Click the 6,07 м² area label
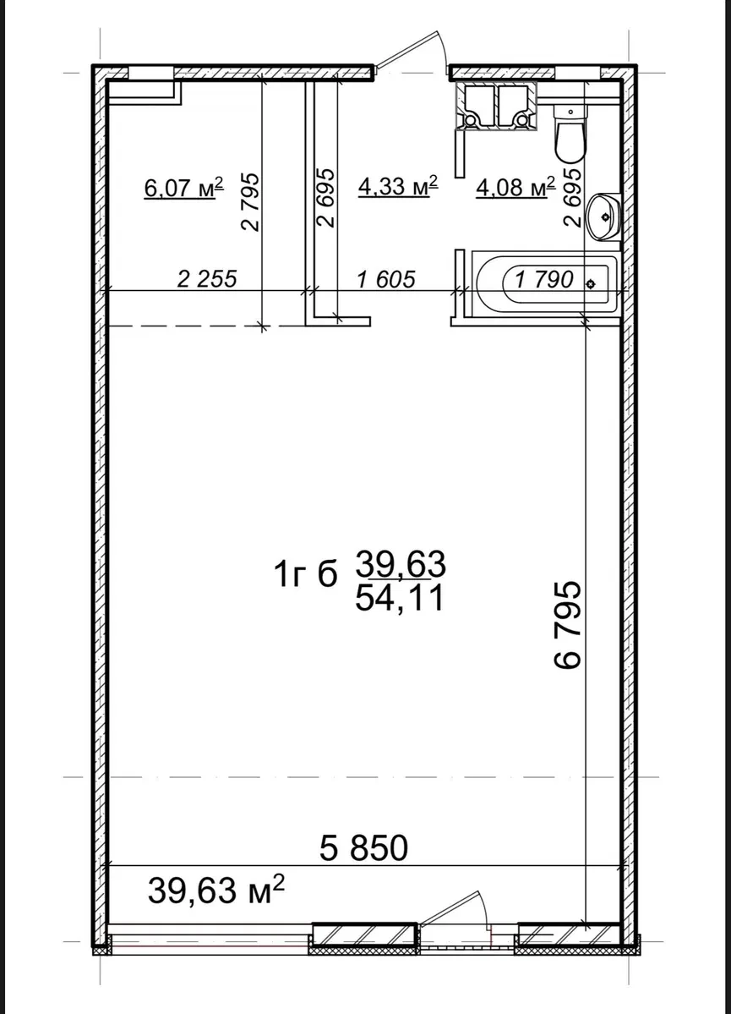tap(184, 188)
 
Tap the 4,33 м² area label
tap(398, 186)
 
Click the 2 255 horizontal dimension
tap(208, 279)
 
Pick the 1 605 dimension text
tap(386, 279)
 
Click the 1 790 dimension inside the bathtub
tap(544, 279)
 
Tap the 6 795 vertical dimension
tap(568, 625)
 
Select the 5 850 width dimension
tap(364, 847)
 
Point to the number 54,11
tap(400, 598)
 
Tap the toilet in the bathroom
tap(570, 134)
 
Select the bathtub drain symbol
tap(590, 283)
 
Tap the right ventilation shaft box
tap(517, 106)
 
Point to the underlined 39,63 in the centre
tap(401, 566)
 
